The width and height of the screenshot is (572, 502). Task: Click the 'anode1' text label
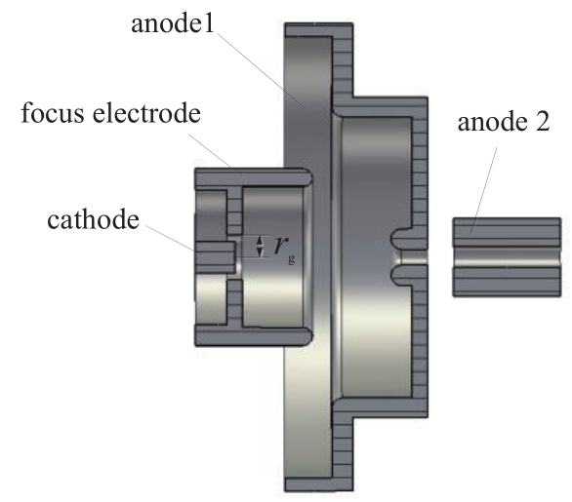tap(173, 24)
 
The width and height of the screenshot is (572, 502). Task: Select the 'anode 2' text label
tap(504, 122)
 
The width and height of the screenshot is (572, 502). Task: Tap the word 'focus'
tap(53, 112)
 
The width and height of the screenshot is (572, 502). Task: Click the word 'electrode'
tap(146, 112)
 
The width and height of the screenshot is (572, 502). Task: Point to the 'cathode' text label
tap(93, 219)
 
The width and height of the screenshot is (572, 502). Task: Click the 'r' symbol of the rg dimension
tap(281, 245)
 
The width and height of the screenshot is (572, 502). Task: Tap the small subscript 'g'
tap(291, 258)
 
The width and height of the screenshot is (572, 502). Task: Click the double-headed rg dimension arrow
tap(260, 247)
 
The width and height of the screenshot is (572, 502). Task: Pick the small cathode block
tap(215, 257)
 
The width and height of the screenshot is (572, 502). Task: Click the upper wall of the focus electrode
tap(253, 177)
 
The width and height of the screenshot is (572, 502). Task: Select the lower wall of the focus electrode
tap(253, 336)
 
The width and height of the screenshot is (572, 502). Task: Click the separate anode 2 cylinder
tap(507, 257)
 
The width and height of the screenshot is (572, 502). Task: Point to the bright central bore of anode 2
tap(507, 257)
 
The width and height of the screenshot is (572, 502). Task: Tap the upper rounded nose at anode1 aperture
tap(400, 240)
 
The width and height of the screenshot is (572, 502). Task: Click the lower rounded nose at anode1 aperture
tap(400, 276)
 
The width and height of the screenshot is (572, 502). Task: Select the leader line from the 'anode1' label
tap(262, 71)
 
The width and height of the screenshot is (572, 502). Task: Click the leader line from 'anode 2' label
tap(484, 191)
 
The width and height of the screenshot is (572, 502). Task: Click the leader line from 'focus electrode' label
tap(216, 155)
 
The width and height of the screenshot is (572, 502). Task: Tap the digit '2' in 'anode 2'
tap(542, 122)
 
